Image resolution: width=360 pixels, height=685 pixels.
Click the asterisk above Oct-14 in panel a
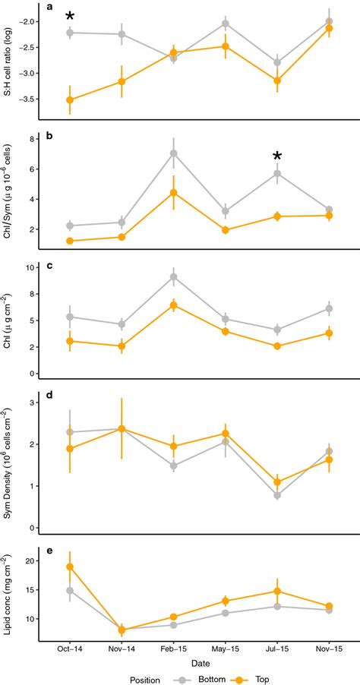70,17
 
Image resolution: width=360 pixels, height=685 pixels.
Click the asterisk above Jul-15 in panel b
277,157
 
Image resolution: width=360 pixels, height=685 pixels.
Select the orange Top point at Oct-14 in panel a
70,99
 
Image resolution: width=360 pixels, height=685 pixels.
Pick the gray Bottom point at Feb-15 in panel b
174,153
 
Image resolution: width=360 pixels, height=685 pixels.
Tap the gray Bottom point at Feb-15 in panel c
174,277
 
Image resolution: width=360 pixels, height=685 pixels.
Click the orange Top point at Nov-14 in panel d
122,429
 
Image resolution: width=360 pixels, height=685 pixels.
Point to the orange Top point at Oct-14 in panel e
70,567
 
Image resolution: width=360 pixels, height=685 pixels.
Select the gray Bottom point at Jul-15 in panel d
277,495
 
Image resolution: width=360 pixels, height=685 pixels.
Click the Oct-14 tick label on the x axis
70,651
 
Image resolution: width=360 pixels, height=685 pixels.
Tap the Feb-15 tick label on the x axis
174,651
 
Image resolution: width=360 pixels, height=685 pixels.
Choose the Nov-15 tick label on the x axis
329,651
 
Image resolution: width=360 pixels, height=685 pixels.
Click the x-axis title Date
199,663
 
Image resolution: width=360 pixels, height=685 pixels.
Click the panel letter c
49,266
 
